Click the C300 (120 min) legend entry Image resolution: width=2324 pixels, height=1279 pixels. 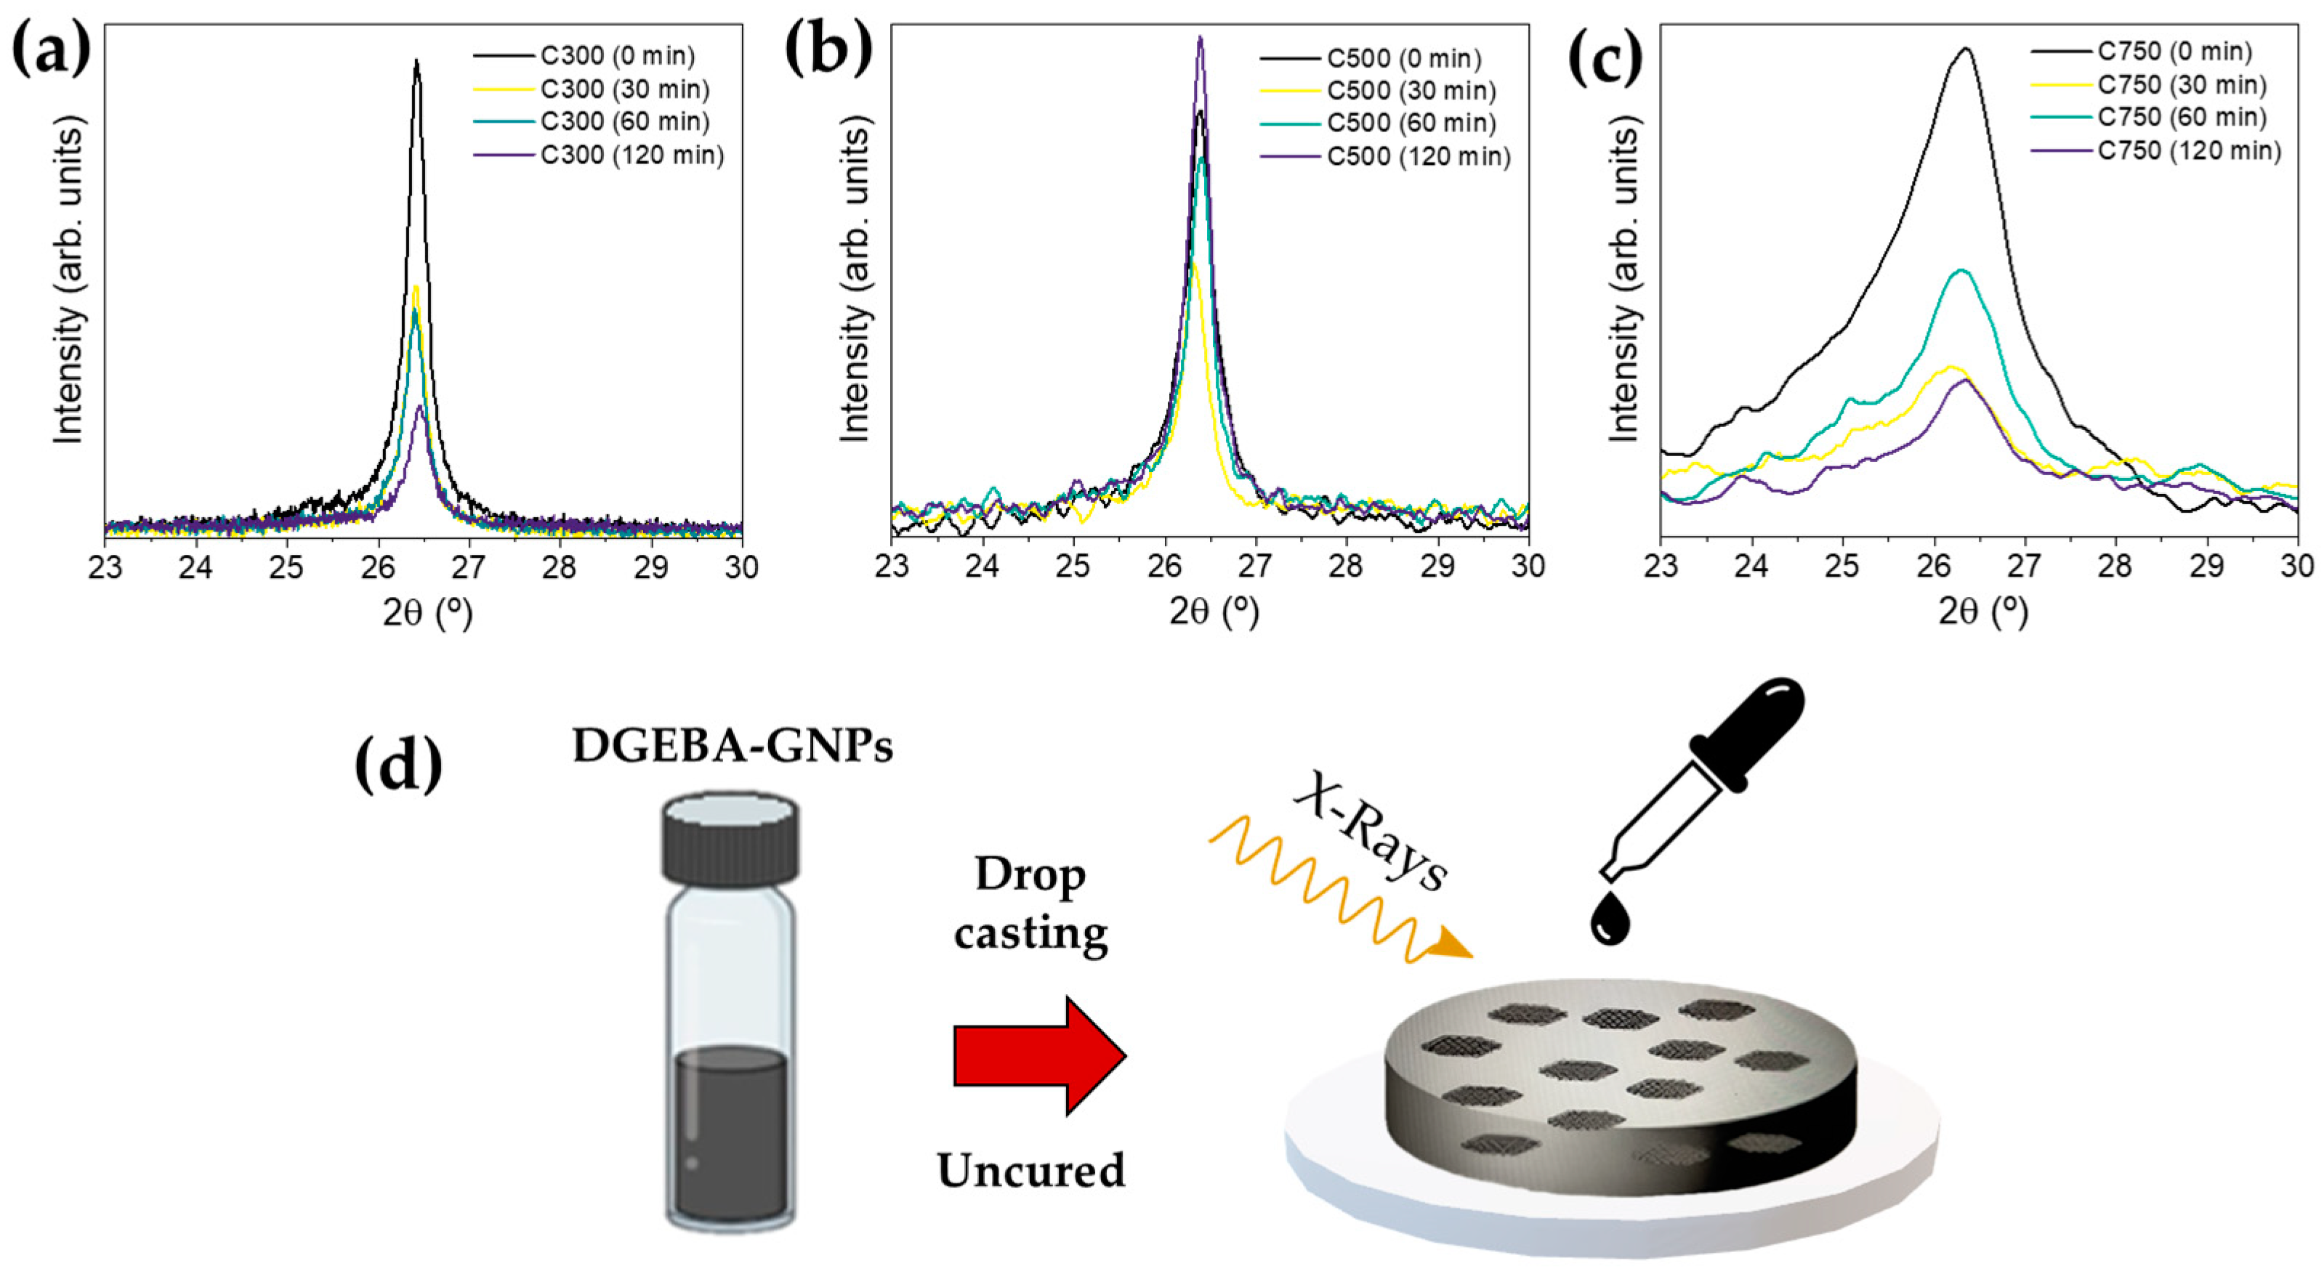pos(632,155)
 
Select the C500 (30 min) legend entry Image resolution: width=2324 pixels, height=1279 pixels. pos(1411,91)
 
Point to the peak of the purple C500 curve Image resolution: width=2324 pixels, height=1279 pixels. pos(1200,37)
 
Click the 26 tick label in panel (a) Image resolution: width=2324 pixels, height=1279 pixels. pos(378,567)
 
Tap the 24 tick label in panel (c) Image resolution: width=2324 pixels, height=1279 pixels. pos(1752,567)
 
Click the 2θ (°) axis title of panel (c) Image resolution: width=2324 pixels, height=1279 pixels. pos(1982,613)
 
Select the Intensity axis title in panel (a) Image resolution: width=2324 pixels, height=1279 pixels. pos(68,284)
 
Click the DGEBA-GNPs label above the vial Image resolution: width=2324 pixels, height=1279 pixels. pos(733,747)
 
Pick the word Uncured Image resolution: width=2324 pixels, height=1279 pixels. pos(1030,1171)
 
